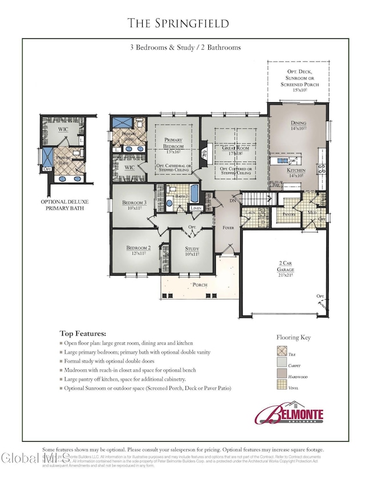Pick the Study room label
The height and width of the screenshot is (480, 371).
tap(191, 249)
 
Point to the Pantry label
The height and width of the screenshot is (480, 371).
tap(289, 214)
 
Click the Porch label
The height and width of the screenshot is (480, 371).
tap(199, 284)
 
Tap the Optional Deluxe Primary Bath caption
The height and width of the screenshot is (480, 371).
tap(64, 205)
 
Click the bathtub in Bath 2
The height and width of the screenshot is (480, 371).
tap(195, 195)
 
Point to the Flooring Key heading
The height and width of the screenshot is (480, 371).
tap(293, 337)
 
